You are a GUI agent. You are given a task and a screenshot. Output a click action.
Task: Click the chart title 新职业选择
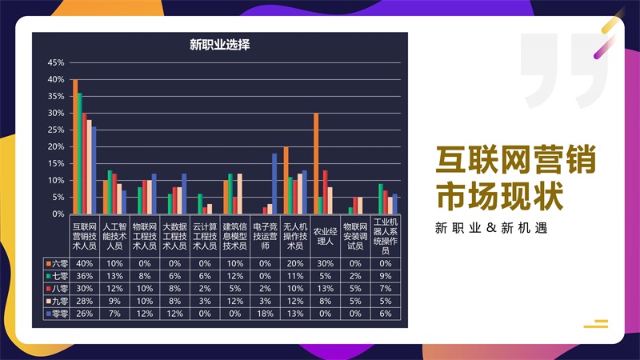click(219, 46)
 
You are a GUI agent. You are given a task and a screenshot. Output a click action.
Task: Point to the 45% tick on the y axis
click(56, 62)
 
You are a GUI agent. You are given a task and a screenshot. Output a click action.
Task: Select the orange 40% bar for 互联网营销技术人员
click(75, 147)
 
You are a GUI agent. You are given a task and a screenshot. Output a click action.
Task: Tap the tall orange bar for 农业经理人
click(316, 164)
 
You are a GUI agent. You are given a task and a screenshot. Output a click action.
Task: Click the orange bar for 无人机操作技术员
click(286, 181)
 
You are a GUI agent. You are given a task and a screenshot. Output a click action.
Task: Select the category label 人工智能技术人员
click(113, 236)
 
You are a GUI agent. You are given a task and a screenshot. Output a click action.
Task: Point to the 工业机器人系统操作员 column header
click(385, 236)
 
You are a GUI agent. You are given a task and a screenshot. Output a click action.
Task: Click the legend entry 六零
click(57, 263)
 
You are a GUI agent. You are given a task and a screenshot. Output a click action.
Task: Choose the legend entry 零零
click(57, 314)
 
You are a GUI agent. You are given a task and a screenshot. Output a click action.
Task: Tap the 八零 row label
click(57, 289)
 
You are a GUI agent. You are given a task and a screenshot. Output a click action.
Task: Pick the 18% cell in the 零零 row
click(265, 314)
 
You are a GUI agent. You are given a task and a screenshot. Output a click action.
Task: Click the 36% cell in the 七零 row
click(83, 276)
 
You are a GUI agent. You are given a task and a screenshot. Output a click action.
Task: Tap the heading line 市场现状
click(501, 194)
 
